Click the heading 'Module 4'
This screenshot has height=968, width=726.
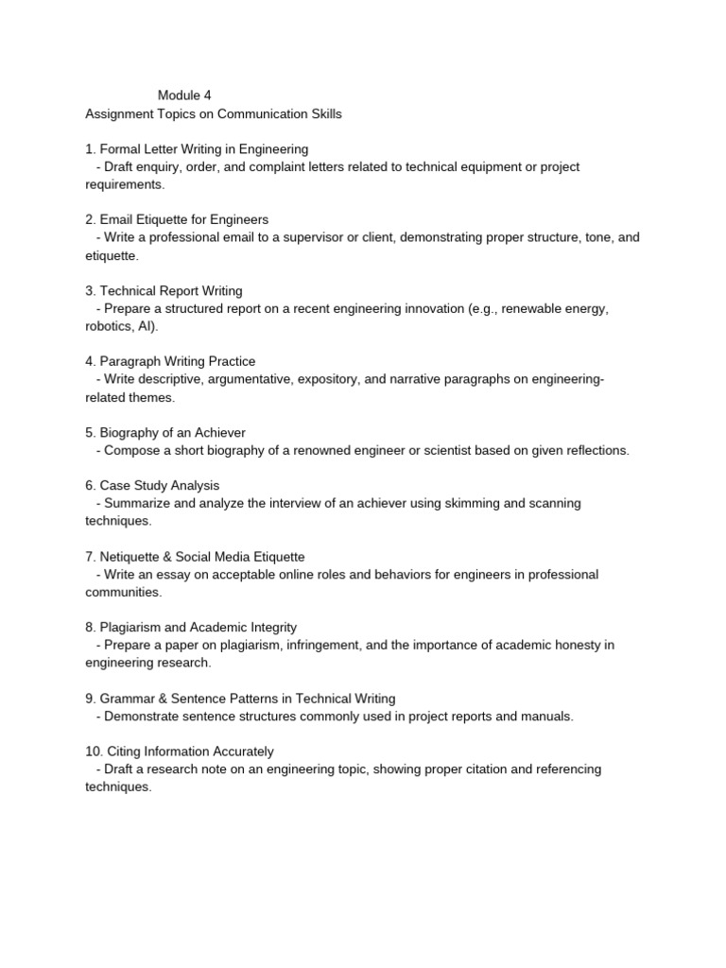click(184, 95)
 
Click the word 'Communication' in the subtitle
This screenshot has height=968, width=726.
click(261, 113)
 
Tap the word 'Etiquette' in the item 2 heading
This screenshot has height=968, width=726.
click(164, 220)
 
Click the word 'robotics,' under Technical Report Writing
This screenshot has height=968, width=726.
click(111, 326)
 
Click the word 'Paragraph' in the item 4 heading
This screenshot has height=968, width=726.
click(130, 362)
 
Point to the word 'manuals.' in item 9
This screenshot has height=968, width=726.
click(547, 717)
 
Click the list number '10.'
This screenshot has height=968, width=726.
click(95, 752)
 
